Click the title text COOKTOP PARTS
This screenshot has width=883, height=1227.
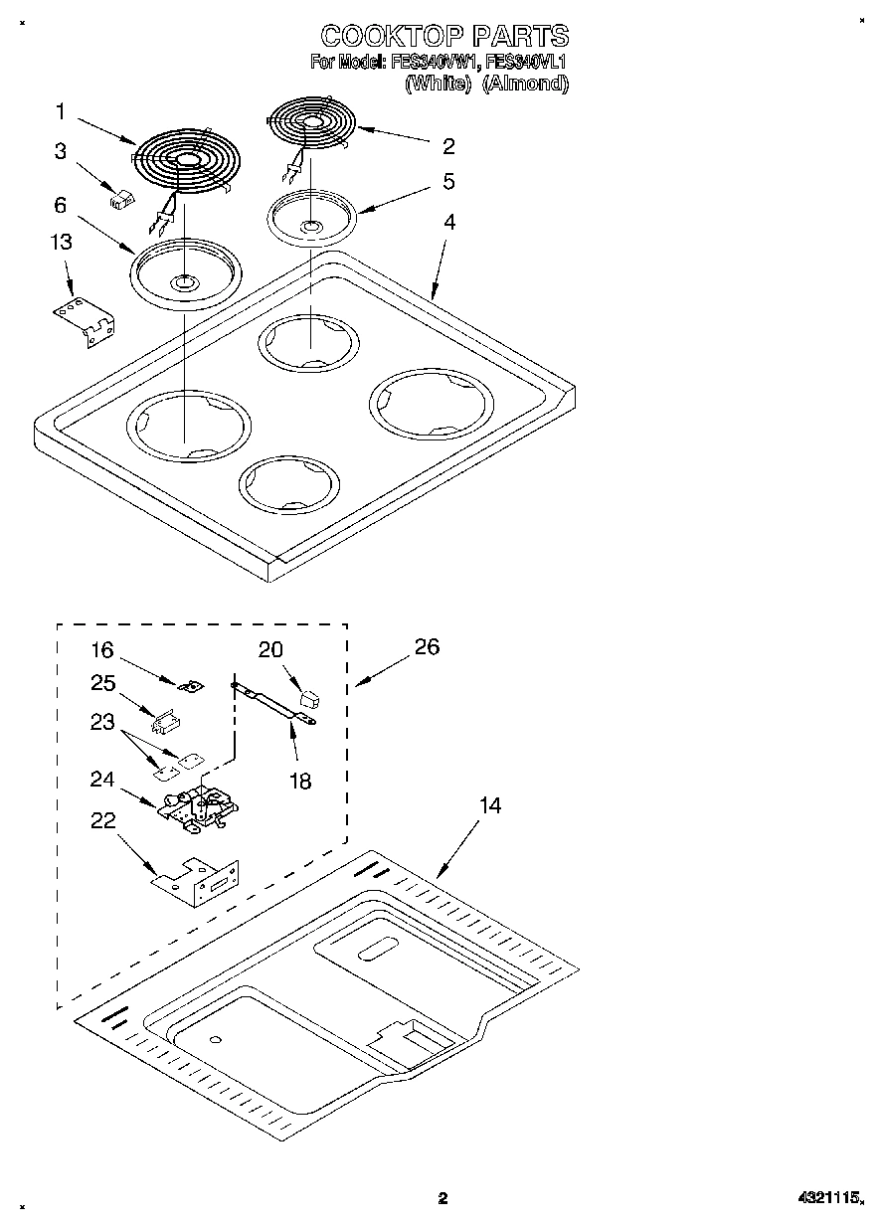444,37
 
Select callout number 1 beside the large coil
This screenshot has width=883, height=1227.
61,111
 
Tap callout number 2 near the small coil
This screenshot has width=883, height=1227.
448,146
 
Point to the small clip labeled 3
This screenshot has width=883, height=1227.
120,199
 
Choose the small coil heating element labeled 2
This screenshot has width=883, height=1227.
311,123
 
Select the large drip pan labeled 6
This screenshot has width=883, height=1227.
185,269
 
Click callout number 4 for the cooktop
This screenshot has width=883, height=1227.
449,223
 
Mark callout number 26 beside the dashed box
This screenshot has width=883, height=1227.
427,646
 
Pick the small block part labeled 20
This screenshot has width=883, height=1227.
309,698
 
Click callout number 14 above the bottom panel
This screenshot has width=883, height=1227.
489,805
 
